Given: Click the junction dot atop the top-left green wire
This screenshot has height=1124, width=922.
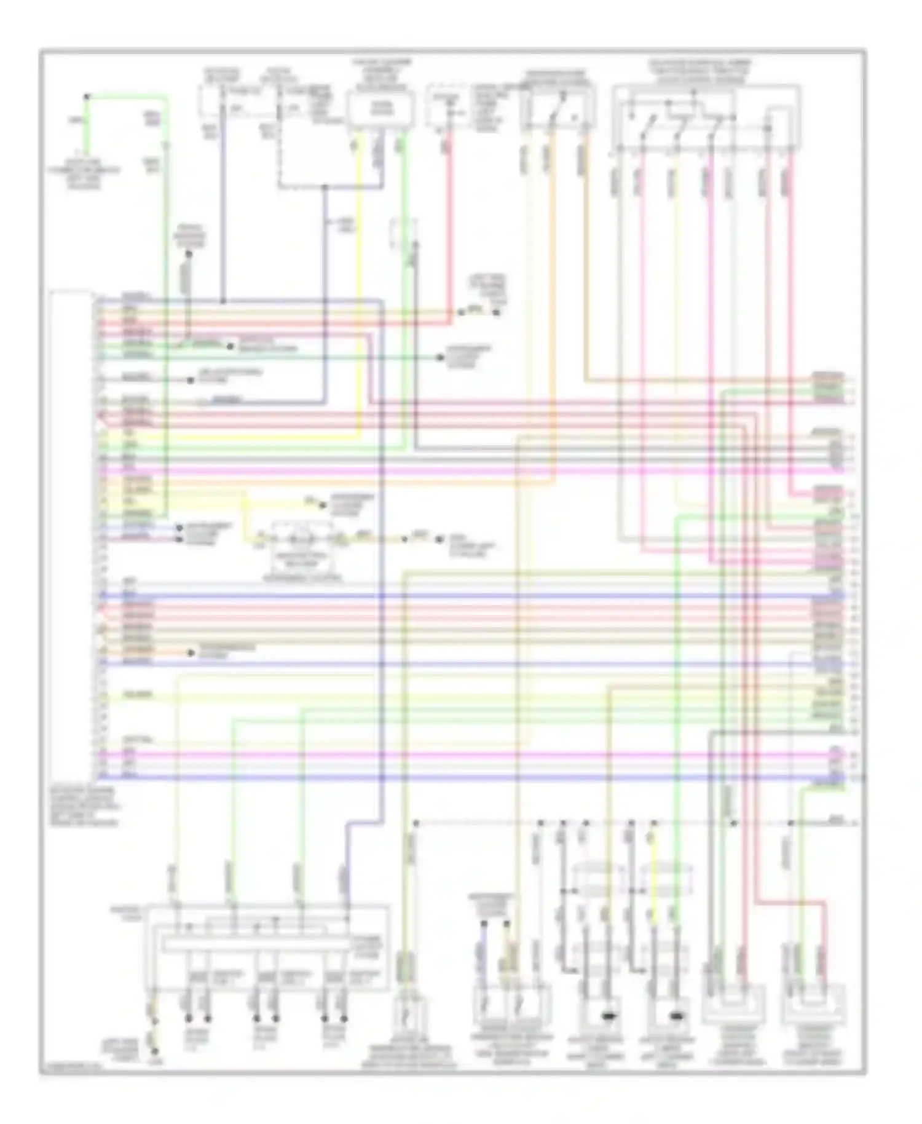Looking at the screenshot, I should pyautogui.click(x=87, y=97).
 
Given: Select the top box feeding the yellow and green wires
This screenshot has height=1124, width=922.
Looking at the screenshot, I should pyautogui.click(x=380, y=109).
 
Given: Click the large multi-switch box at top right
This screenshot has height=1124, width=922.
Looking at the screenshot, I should pyautogui.click(x=707, y=117).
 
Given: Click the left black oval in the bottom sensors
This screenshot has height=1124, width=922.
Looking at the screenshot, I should pyautogui.click(x=610, y=1016).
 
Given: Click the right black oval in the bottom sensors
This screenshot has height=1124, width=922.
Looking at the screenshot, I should pyautogui.click(x=677, y=1016).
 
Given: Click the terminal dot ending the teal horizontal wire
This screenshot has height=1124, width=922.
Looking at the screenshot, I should pyautogui.click(x=440, y=357).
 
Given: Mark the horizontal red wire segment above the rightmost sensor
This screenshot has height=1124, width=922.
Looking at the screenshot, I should pyautogui.click(x=793, y=902).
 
